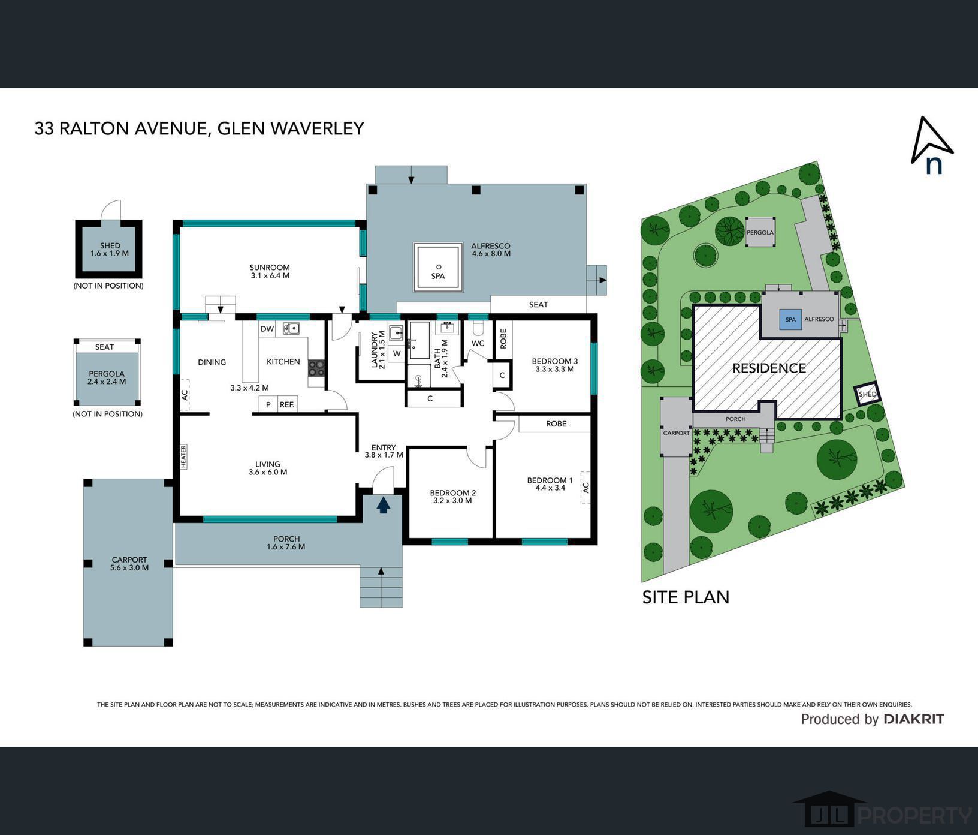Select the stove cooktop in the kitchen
[x=316, y=368]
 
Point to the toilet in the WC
[x=478, y=328]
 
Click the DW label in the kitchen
[x=267, y=329]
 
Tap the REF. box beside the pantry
[x=287, y=404]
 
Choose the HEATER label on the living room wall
[x=184, y=456]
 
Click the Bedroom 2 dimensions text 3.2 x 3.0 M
[x=452, y=500]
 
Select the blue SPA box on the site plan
[x=790, y=320]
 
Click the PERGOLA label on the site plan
[x=760, y=232]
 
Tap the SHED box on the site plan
[x=867, y=394]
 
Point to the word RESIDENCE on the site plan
[x=769, y=368]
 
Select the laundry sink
[x=396, y=334]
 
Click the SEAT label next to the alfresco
[x=538, y=304]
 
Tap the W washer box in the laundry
[x=397, y=354]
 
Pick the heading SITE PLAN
[x=686, y=597]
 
